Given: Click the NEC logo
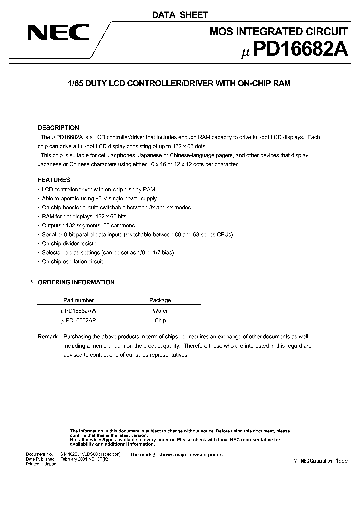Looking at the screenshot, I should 58,33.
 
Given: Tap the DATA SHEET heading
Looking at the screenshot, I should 180,15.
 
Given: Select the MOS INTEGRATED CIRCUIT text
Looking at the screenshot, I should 278,32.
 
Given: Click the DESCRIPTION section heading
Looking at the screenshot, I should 59,128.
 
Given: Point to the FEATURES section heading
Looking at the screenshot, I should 54,180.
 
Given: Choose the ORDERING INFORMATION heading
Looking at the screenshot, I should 76,282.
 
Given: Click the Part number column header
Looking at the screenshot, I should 79,300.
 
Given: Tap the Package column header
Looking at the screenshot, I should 160,300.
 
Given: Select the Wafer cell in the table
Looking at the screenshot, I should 160,310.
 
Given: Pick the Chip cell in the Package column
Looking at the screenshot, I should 160,320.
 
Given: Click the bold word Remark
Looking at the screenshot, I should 48,337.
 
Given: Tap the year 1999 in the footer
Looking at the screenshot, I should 342,461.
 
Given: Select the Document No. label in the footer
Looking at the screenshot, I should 39,454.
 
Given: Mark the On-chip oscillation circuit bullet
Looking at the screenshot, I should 72,262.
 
